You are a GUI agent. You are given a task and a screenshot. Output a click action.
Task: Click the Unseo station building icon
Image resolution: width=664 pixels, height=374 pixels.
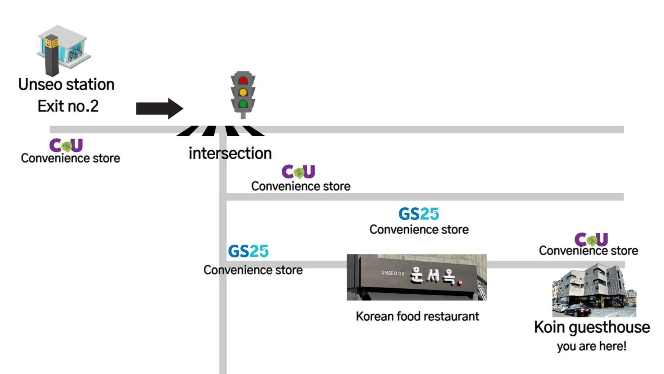tap(63, 50)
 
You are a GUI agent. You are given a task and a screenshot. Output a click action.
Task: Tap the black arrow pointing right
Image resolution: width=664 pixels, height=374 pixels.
tap(159, 108)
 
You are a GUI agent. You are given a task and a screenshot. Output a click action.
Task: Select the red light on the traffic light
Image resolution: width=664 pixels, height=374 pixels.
tap(243, 81)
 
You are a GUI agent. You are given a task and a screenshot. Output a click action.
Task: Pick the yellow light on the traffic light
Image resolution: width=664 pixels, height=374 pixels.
tap(243, 92)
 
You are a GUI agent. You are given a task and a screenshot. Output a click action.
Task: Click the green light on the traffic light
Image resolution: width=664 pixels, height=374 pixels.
tap(243, 104)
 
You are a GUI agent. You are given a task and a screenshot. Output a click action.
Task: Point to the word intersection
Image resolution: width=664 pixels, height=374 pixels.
tap(230, 153)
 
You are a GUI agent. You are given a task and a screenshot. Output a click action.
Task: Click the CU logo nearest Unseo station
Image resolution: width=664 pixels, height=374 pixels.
tap(66, 145)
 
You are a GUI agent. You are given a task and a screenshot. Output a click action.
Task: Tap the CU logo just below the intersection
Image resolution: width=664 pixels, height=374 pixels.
tap(298, 171)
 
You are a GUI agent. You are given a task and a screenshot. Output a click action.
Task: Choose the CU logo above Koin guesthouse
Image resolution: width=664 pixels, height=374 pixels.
tap(591, 239)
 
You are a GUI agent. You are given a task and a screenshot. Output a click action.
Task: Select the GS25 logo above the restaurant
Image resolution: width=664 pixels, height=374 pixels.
tap(419, 214)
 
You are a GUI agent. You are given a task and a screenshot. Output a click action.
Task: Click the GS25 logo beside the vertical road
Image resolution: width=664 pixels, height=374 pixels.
tap(248, 251)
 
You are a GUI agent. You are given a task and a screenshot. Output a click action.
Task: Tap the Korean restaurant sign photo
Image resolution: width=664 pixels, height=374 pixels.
tap(417, 277)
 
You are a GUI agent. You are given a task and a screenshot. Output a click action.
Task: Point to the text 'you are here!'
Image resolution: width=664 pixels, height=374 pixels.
tap(592, 346)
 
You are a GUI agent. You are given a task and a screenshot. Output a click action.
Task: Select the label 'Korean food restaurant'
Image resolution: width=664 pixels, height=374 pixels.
tap(417, 316)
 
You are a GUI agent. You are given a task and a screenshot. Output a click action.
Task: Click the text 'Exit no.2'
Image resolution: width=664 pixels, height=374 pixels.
tap(68, 106)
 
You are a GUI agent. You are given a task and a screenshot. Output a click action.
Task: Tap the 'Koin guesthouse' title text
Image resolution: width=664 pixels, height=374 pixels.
tap(592, 327)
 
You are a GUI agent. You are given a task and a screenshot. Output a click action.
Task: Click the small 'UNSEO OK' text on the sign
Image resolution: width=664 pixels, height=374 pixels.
tap(393, 273)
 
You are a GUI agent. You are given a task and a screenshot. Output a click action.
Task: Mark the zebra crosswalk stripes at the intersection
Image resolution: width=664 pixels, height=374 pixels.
tap(220, 131)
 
